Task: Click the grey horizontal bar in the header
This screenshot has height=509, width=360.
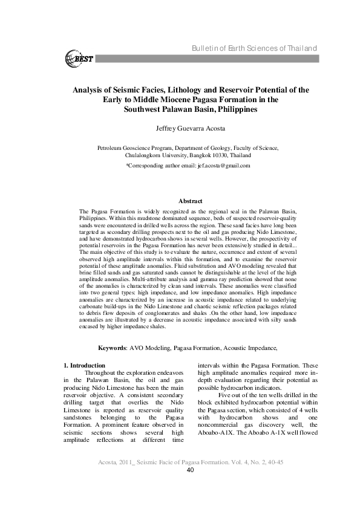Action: (x=218, y=59)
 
